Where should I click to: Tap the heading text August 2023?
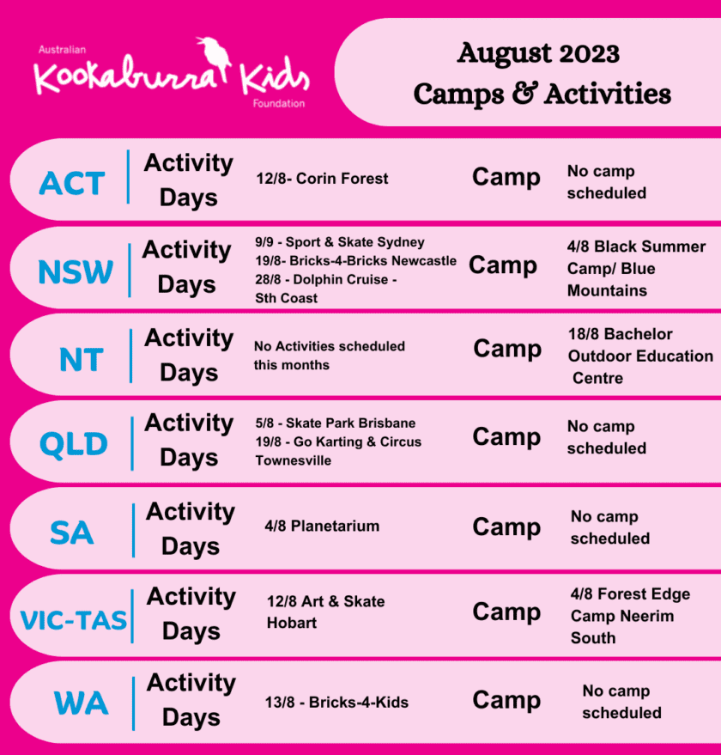tap(538, 53)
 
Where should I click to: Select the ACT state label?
tap(72, 183)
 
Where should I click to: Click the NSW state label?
tap(76, 271)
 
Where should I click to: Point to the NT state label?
tap(82, 360)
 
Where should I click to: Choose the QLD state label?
tap(74, 444)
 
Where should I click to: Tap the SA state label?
tap(72, 533)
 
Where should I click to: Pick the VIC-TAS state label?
tap(74, 618)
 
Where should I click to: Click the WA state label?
tap(82, 703)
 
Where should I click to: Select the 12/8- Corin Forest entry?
tap(322, 179)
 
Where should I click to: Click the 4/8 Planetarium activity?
tap(322, 527)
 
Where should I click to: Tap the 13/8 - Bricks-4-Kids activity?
tap(336, 703)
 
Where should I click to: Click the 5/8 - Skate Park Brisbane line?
tap(335, 423)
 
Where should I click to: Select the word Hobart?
tap(292, 622)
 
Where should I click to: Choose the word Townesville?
tap(293, 460)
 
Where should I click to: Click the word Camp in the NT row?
tap(506, 349)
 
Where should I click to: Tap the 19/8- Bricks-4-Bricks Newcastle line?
tap(355, 260)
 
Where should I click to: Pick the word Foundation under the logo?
tap(279, 103)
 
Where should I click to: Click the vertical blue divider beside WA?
tap(134, 703)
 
